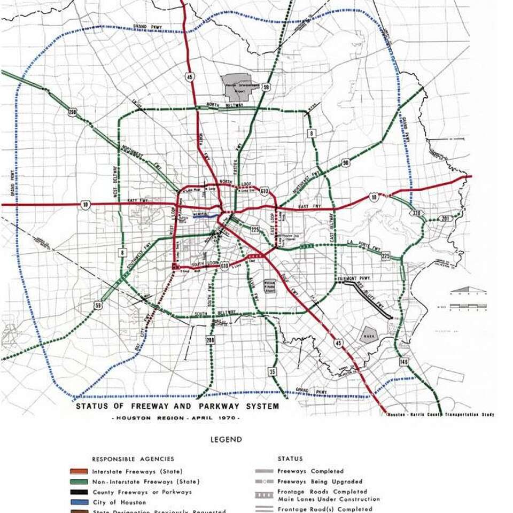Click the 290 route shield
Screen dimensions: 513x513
click(72, 112)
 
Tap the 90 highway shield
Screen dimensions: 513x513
click(346, 162)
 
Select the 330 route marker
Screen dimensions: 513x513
click(417, 214)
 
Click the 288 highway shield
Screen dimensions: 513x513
click(211, 340)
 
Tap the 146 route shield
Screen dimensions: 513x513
click(403, 362)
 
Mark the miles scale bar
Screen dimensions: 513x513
click(468, 306)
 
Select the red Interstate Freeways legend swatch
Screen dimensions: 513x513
click(79, 471)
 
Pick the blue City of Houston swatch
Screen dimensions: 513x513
click(79, 502)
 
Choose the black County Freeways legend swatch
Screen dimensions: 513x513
click(79, 492)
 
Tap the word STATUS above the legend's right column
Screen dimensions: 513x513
click(290, 458)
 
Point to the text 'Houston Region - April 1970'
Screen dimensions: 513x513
click(177, 417)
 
